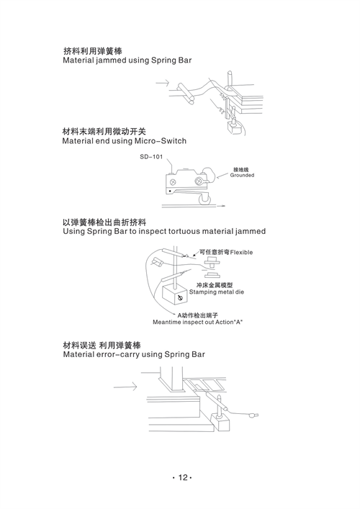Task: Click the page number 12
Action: tap(183, 477)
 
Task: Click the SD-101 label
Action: tap(151, 157)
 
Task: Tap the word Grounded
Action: tap(242, 175)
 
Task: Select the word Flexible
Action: tap(241, 252)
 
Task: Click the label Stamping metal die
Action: tap(217, 292)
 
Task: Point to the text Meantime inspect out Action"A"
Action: tap(198, 322)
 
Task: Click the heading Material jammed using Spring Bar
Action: tap(127, 60)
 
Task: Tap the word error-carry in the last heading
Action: tap(118, 354)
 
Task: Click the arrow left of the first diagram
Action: tap(162, 83)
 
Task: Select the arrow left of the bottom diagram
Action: tap(125, 387)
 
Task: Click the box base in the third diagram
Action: tap(175, 294)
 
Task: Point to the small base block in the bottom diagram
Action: tap(220, 422)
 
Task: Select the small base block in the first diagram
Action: tap(235, 127)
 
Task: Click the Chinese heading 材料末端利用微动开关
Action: tap(104, 132)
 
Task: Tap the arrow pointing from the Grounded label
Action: tap(222, 175)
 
